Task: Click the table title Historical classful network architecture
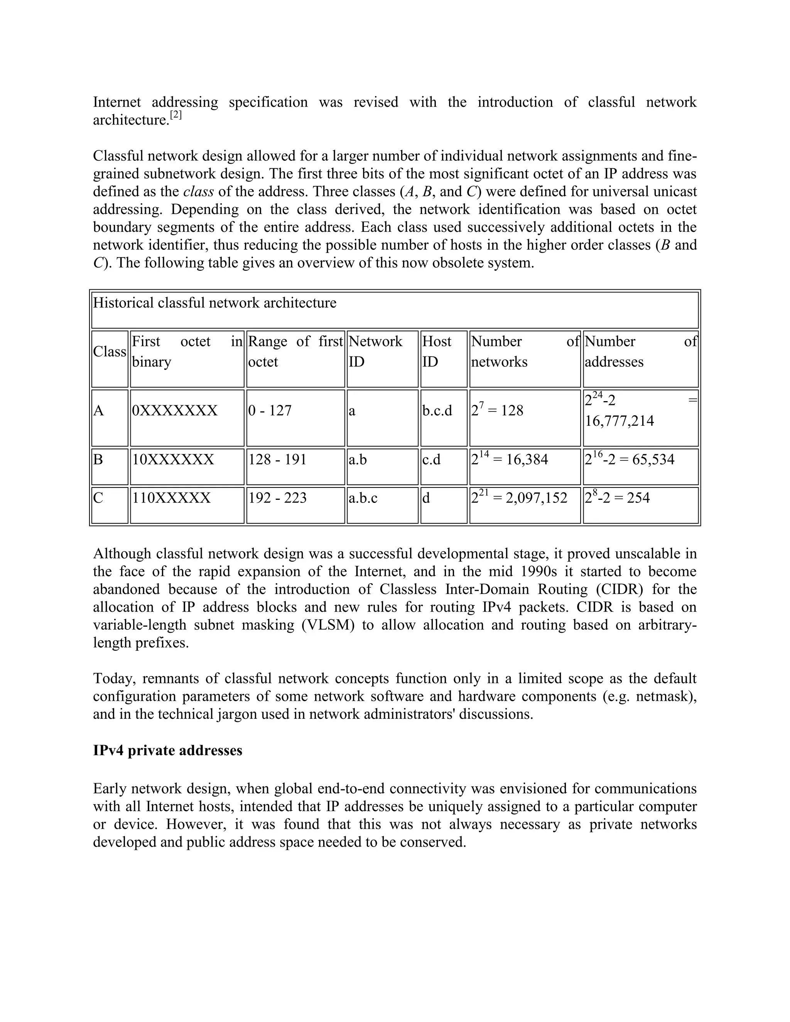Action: (214, 303)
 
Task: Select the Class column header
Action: (110, 351)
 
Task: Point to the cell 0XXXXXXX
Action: (175, 411)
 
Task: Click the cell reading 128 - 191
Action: (277, 460)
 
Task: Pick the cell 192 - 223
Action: (277, 498)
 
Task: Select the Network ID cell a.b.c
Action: (363, 498)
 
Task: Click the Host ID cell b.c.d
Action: (437, 411)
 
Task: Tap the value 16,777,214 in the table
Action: (619, 421)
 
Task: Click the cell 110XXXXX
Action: (171, 498)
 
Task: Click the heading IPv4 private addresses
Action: (167, 750)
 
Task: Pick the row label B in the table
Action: (98, 460)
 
